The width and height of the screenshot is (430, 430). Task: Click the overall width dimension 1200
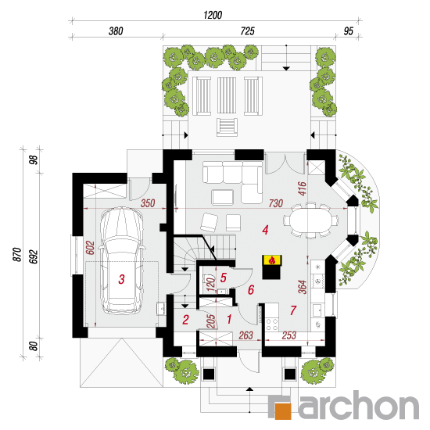tap(213, 15)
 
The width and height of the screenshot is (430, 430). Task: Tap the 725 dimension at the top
tap(247, 31)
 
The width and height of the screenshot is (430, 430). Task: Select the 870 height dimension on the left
tap(17, 254)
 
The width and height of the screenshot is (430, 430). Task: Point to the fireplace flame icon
tap(272, 260)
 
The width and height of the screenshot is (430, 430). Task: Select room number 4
tap(265, 230)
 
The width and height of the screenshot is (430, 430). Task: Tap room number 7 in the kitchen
tap(293, 310)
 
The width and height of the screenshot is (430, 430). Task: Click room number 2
tap(185, 320)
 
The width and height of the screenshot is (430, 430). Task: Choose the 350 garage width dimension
tap(148, 203)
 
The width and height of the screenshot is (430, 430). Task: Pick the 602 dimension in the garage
tap(90, 248)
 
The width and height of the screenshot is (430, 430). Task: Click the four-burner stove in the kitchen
tap(272, 324)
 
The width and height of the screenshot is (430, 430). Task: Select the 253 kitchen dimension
tap(289, 335)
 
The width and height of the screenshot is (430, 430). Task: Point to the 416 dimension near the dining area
tap(302, 188)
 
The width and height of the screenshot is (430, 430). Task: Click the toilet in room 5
tap(208, 278)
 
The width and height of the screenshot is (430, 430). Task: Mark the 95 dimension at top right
tap(348, 31)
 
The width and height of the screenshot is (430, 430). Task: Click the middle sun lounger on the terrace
tap(227, 95)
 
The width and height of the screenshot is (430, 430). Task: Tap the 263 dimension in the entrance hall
tap(245, 335)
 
